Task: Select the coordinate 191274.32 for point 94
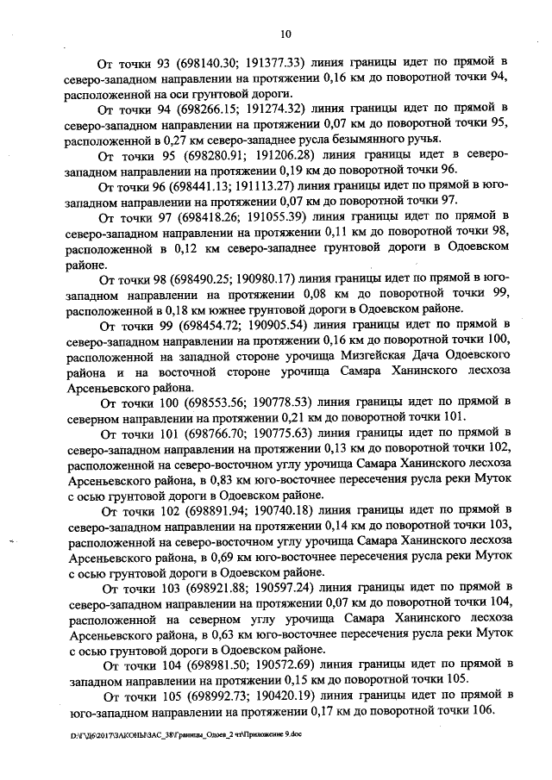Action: click(268, 109)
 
